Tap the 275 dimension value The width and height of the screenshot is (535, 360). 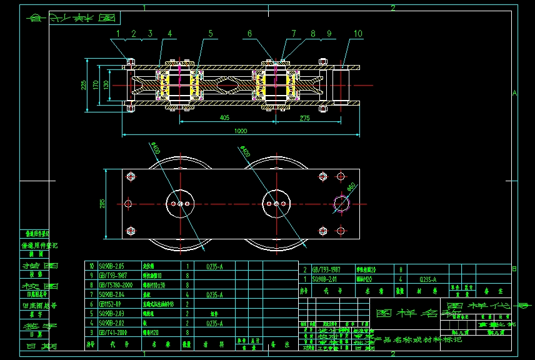point(304,117)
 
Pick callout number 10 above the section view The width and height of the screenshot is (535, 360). point(357,33)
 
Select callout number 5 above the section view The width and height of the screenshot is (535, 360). point(211,33)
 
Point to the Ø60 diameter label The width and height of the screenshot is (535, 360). point(351,186)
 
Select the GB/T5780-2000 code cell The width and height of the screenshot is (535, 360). point(117,284)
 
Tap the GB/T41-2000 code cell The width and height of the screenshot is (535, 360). point(116,333)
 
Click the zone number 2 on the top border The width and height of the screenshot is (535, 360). point(392,7)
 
